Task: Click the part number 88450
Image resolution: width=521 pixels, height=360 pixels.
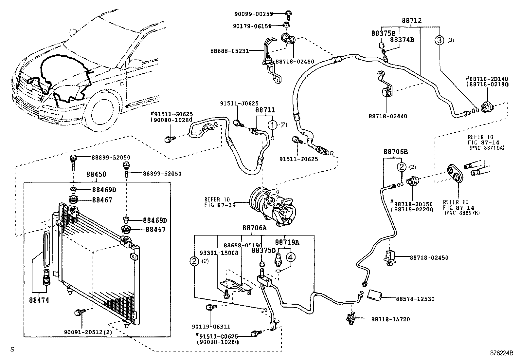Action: coord(96,175)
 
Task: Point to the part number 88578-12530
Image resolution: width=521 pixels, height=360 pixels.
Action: coord(415,299)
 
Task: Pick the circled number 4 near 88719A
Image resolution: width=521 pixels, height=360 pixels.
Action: coord(290,257)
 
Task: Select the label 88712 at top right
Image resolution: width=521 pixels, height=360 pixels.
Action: coord(411,21)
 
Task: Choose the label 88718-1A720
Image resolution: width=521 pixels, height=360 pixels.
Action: coord(390,319)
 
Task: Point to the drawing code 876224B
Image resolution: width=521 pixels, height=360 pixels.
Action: coord(502,353)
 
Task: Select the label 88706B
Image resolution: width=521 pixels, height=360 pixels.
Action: coord(395,152)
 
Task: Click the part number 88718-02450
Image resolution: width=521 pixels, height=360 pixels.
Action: coord(429,258)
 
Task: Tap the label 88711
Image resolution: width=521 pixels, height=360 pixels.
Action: coord(265,110)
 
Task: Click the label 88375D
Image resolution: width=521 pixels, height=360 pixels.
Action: coord(263,250)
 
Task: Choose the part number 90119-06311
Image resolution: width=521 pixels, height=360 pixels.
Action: coord(211,326)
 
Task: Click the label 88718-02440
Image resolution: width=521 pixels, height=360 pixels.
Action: coord(388,116)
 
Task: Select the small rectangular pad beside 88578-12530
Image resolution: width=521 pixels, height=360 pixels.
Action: coord(375,294)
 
